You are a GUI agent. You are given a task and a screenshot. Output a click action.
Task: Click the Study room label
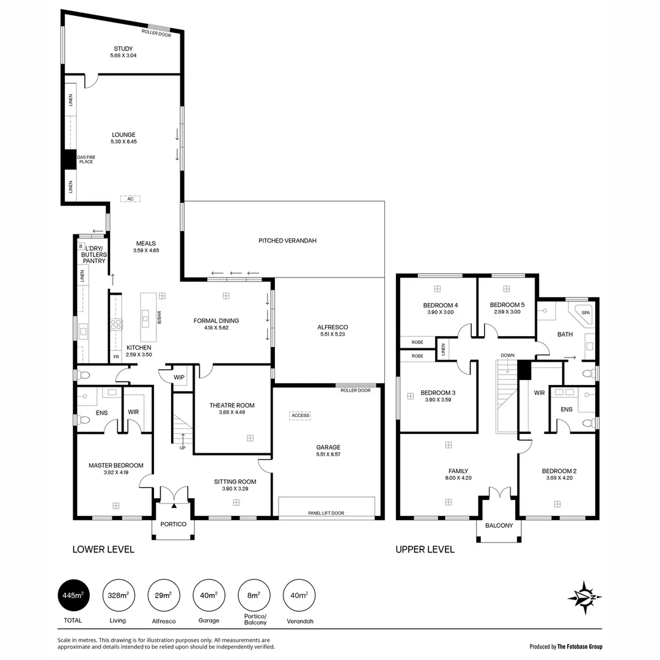tap(123, 49)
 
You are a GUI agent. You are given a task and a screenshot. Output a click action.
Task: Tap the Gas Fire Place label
tap(86, 159)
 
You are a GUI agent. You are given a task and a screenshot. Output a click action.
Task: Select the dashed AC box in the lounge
tap(130, 199)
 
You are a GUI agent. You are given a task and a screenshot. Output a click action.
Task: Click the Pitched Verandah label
tap(287, 241)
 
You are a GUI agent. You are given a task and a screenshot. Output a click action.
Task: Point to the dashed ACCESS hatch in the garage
tap(299, 416)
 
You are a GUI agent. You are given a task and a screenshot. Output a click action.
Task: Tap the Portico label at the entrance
tap(173, 524)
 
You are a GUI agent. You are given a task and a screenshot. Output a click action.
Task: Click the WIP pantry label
tap(178, 378)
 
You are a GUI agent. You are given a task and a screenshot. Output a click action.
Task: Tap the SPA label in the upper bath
tap(586, 312)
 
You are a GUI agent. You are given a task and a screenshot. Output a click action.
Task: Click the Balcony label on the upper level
tap(499, 526)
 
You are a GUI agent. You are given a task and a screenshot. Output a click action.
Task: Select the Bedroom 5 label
tap(507, 305)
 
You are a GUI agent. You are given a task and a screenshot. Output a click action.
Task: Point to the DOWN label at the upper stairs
tap(507, 355)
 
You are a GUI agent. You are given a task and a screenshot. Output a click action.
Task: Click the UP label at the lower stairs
tap(182, 448)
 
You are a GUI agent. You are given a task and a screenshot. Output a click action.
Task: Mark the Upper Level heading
tap(425, 549)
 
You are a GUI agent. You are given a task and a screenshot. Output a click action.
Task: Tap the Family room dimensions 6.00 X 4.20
tap(458, 479)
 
